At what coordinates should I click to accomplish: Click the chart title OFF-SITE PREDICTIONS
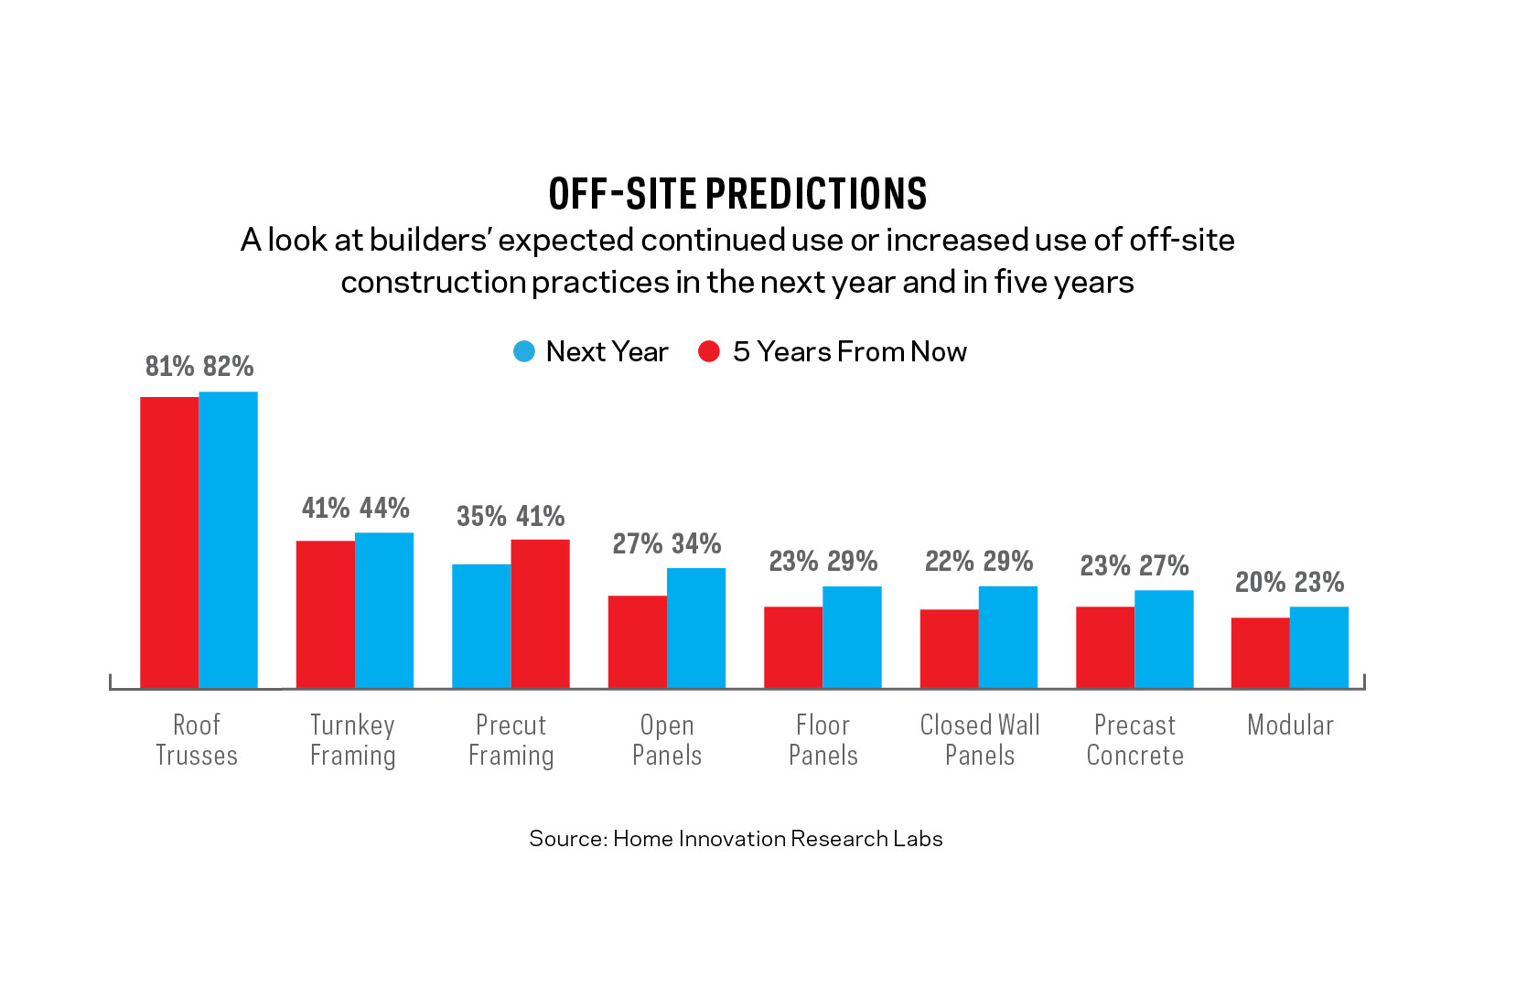(x=737, y=194)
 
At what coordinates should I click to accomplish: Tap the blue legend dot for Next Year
(x=524, y=351)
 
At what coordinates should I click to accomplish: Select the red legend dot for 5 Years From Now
(x=709, y=351)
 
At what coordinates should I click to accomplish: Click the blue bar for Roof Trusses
(x=229, y=540)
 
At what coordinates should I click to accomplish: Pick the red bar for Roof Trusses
(x=169, y=542)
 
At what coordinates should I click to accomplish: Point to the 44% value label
(x=384, y=508)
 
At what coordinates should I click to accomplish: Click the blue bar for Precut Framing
(x=481, y=626)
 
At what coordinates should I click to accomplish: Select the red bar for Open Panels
(x=638, y=641)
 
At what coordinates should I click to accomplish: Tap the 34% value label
(x=696, y=543)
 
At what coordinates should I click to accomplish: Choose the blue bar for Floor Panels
(x=852, y=637)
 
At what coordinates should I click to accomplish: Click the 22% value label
(x=950, y=561)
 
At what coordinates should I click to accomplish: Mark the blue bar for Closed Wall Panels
(x=1008, y=637)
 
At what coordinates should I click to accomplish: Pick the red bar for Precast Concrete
(x=1105, y=647)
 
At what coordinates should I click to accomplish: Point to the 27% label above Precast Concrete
(x=1164, y=565)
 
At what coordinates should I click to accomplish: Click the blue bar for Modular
(x=1319, y=647)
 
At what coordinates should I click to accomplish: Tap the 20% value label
(x=1261, y=582)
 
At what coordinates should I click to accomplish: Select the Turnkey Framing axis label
(x=352, y=740)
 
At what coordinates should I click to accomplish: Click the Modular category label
(x=1290, y=725)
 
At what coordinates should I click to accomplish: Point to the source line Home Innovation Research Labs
(x=736, y=839)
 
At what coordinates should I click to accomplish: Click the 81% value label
(x=170, y=367)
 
